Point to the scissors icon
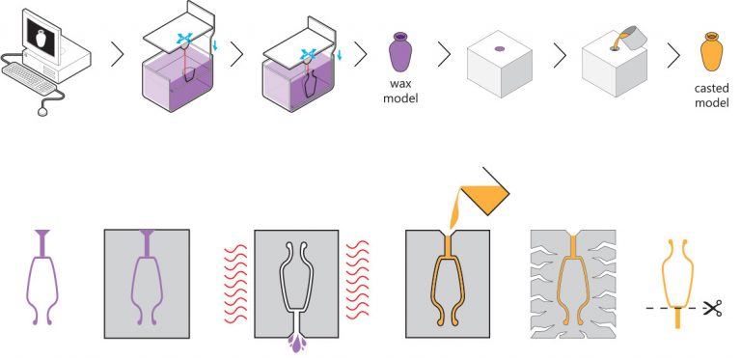[713, 309]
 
